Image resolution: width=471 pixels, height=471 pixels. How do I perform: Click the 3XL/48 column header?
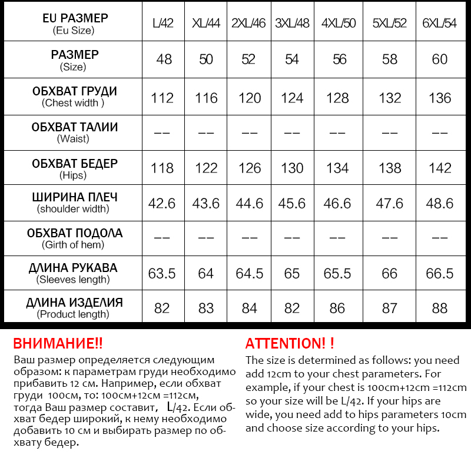click(x=293, y=24)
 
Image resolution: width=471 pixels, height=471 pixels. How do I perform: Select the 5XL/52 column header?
click(x=390, y=24)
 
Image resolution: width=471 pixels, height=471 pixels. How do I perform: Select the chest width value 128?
click(x=337, y=98)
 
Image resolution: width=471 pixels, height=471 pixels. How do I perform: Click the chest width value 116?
click(x=206, y=98)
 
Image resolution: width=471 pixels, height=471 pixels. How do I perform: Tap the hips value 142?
click(x=440, y=168)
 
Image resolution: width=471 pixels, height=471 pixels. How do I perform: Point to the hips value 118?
click(x=162, y=168)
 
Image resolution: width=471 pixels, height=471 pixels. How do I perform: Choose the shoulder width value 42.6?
click(x=162, y=203)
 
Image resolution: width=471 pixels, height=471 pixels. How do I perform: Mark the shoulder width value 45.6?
click(x=293, y=203)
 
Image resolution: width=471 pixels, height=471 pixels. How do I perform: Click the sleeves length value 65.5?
click(x=337, y=274)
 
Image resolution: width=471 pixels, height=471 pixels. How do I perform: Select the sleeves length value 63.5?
click(x=162, y=274)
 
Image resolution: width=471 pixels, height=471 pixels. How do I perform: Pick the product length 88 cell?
click(x=440, y=309)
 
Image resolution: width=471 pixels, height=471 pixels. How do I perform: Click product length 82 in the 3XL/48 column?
click(x=293, y=309)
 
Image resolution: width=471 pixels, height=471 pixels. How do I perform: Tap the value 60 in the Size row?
click(x=440, y=59)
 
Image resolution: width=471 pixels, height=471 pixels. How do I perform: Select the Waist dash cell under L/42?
click(x=162, y=133)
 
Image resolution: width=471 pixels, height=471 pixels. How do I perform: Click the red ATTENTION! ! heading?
click(x=290, y=344)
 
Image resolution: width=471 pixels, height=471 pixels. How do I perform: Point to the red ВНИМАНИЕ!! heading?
click(x=58, y=344)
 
